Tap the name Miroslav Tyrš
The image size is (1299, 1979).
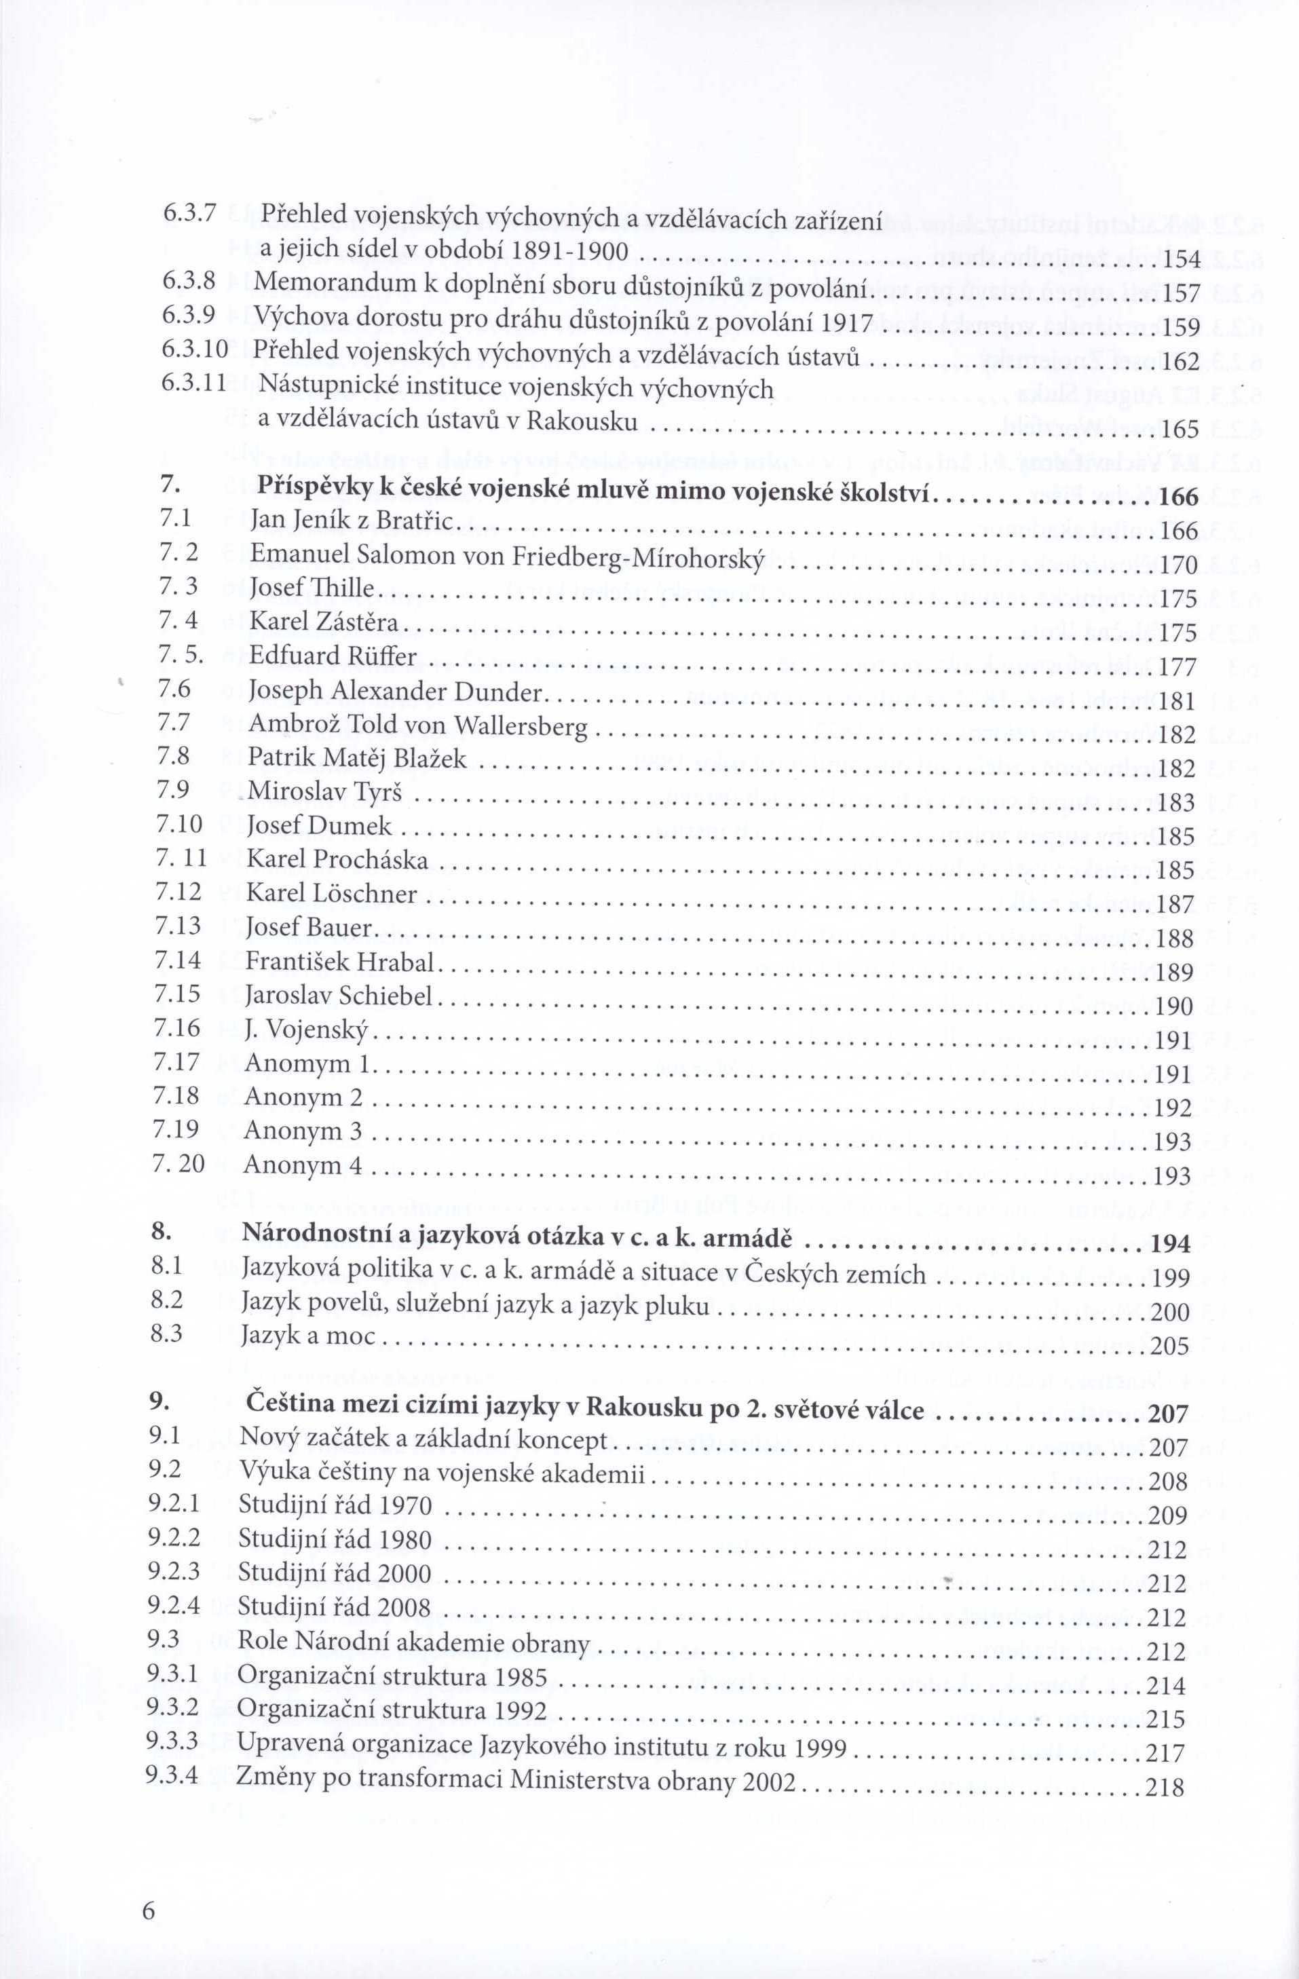pyautogui.click(x=324, y=791)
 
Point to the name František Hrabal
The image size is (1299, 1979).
pyautogui.click(x=340, y=962)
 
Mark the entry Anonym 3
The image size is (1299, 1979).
pyautogui.click(x=303, y=1131)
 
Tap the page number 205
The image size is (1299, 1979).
pyautogui.click(x=1169, y=1345)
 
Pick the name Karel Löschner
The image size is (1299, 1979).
pyautogui.click(x=332, y=894)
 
